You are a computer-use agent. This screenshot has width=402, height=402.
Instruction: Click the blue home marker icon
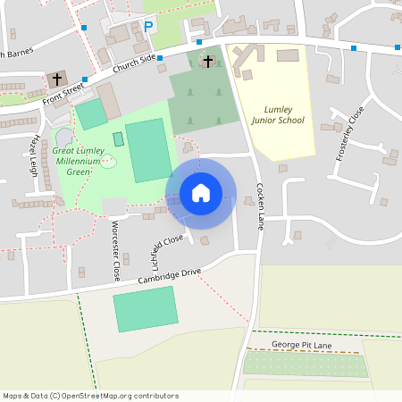coord(201,193)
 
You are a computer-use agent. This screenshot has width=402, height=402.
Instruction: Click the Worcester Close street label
coord(114,253)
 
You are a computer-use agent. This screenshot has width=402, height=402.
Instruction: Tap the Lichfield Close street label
coord(167,251)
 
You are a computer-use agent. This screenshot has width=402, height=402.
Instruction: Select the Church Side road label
coord(135,64)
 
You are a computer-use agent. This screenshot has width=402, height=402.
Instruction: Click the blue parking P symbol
coord(148,26)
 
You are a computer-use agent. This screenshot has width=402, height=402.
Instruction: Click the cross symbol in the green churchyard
coord(208,61)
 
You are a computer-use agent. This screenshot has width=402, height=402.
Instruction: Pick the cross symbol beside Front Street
coord(58,79)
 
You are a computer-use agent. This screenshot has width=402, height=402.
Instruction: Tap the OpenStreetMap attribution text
coord(90,396)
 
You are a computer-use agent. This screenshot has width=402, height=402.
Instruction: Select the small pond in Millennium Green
coord(108,162)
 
